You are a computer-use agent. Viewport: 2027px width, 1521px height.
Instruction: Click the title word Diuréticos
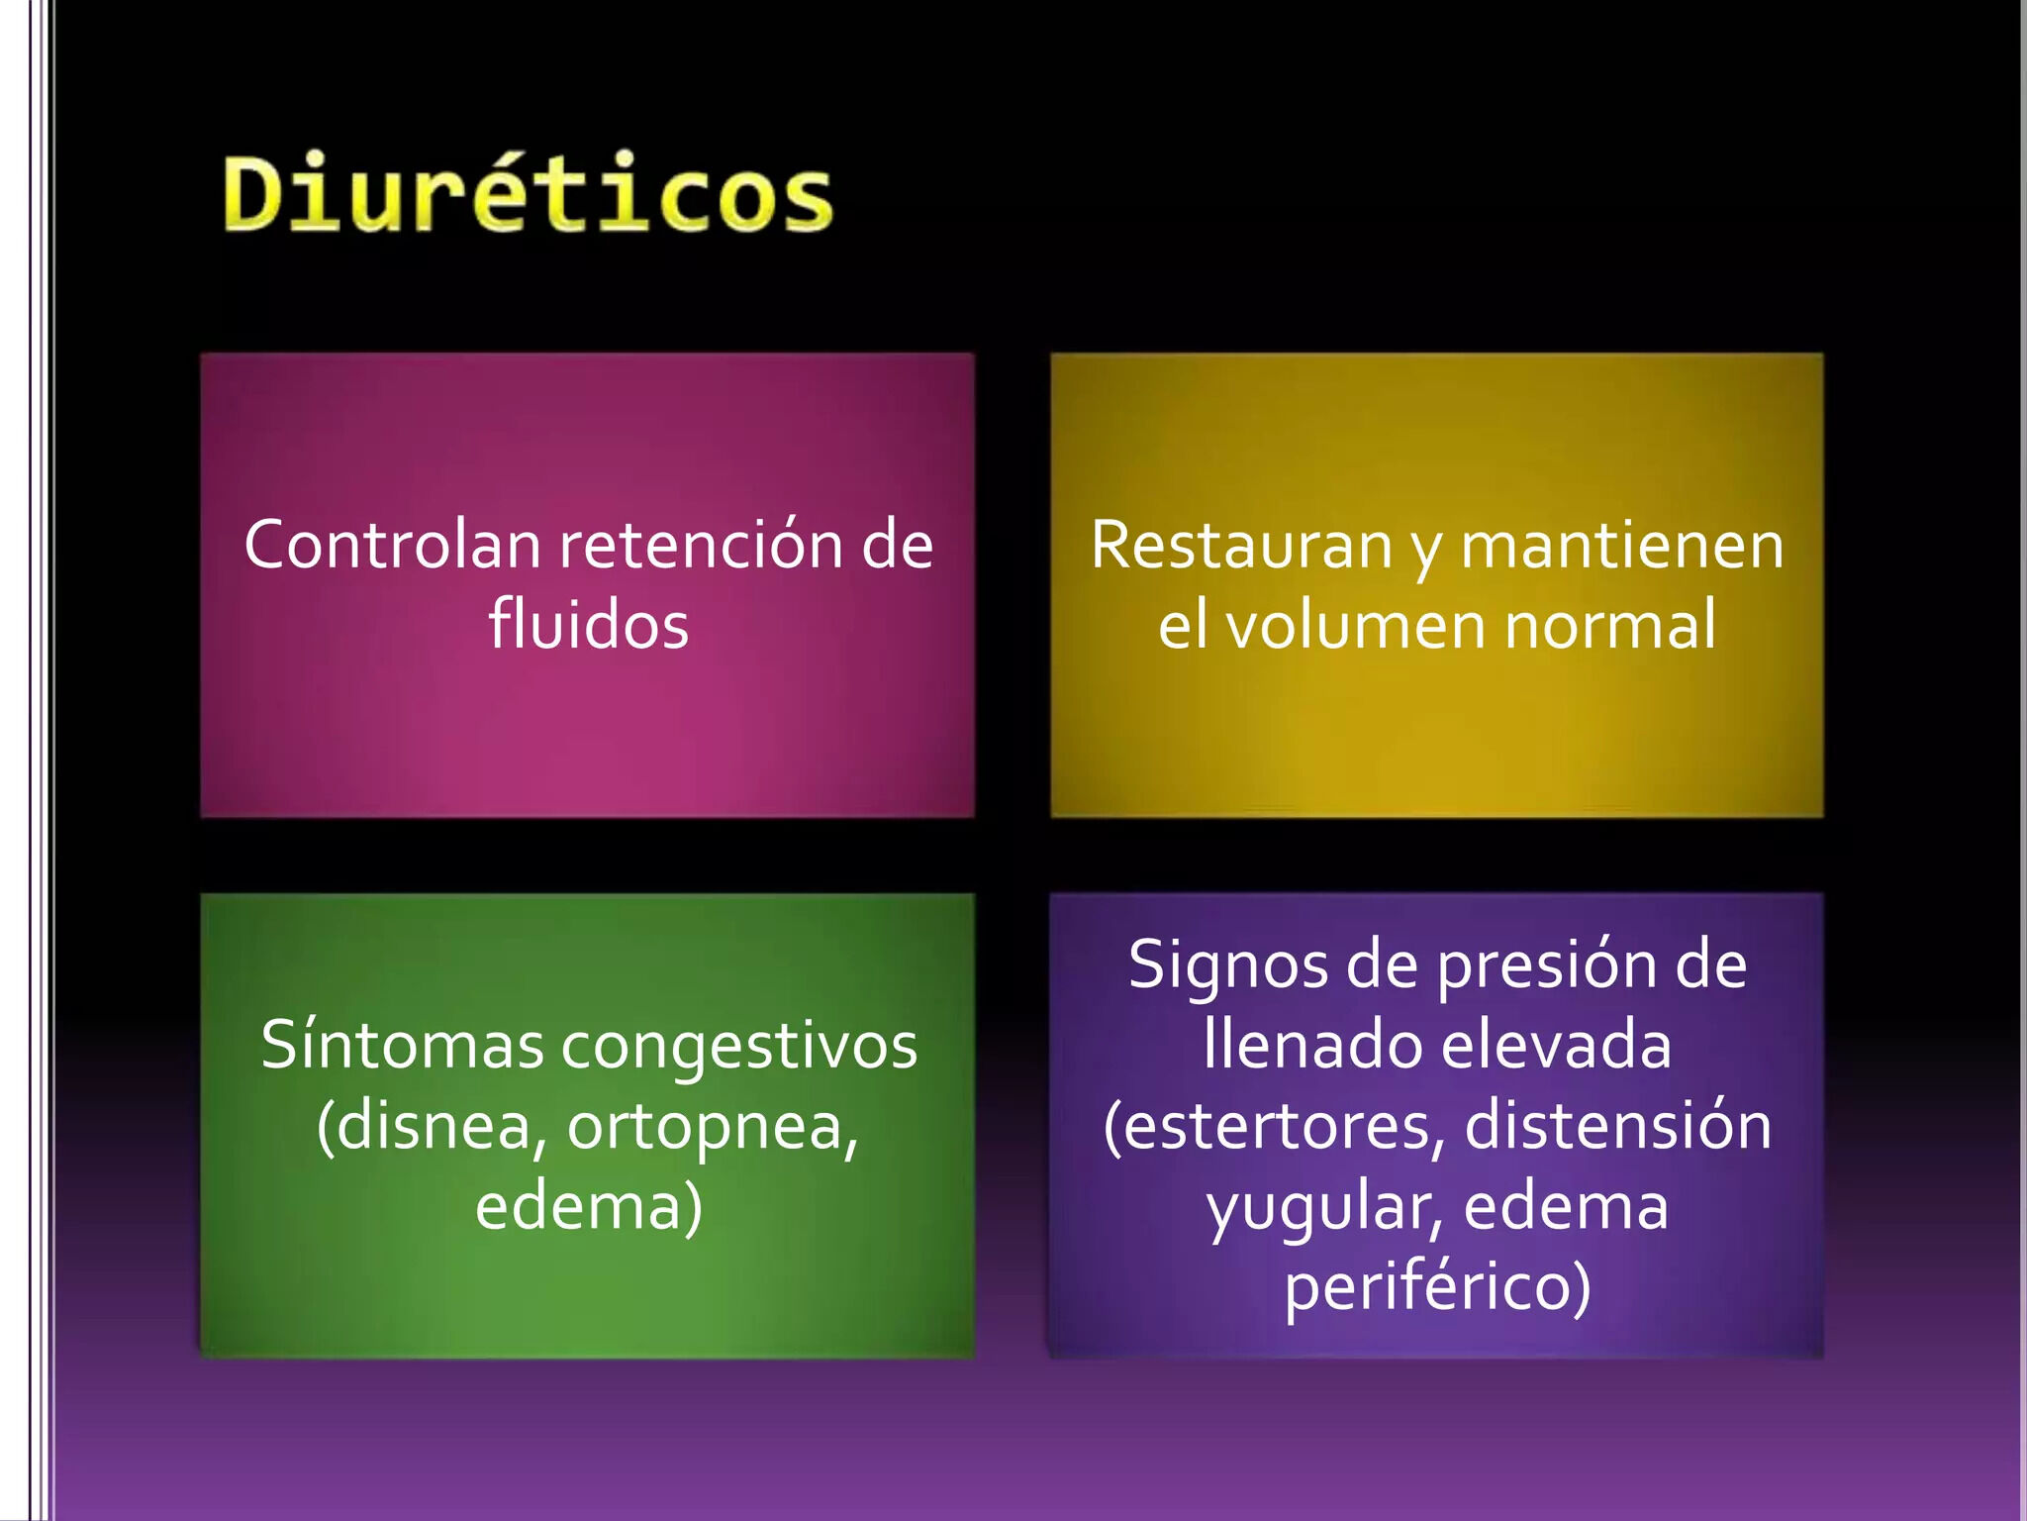tap(529, 193)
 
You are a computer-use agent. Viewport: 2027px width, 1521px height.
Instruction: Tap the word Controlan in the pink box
tap(393, 545)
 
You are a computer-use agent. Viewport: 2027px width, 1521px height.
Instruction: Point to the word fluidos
tap(589, 625)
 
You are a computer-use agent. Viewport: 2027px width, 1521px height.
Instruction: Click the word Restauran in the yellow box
tap(1242, 547)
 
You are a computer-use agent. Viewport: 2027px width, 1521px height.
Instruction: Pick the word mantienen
tap(1622, 547)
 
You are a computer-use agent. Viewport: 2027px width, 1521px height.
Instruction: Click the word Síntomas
tap(402, 1046)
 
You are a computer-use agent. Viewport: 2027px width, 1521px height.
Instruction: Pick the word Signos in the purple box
tap(1228, 966)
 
